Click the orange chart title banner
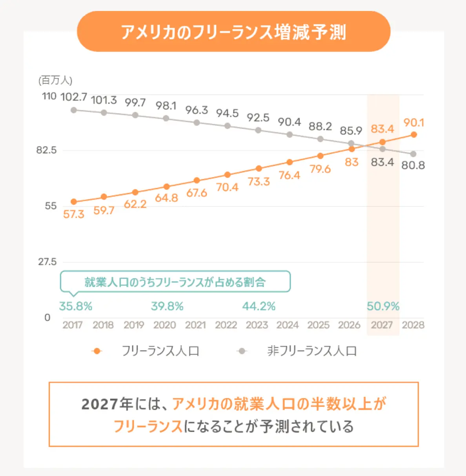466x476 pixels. (233, 32)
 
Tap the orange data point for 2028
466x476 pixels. (413, 134)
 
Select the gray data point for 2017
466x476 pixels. (73, 110)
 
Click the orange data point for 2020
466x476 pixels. (166, 186)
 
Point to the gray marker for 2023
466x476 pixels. (258, 130)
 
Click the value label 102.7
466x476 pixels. (74, 97)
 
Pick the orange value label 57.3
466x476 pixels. (74, 214)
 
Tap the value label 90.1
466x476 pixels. (413, 123)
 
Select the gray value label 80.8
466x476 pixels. (413, 165)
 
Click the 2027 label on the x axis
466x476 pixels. (382, 325)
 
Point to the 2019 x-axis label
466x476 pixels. (134, 325)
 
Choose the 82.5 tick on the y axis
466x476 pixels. (47, 150)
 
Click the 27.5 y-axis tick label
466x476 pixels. (47, 262)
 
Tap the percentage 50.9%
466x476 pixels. (383, 306)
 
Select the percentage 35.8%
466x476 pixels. (76, 306)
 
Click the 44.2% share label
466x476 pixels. (259, 306)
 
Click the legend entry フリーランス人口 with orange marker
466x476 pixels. (160, 351)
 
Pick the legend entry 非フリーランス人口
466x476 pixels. (312, 351)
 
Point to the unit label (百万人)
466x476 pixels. (55, 80)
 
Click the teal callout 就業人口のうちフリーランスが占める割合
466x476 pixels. (175, 282)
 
